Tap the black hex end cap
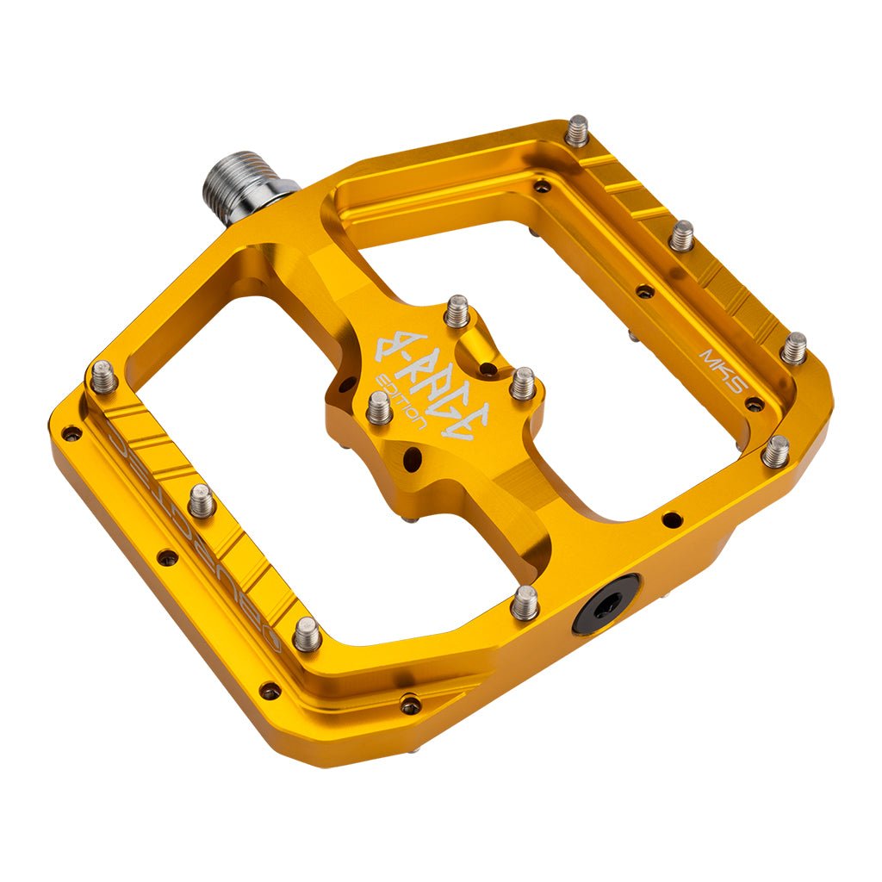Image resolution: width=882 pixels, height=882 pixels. [606, 604]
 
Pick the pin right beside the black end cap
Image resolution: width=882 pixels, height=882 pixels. [525, 602]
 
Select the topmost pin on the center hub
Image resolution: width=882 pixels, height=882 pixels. [457, 310]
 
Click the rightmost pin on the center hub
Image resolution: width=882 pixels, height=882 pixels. [522, 383]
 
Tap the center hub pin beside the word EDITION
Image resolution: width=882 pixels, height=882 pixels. [379, 407]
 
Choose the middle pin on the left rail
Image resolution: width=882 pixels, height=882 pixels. [202, 500]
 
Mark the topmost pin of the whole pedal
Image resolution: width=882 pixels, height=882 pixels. [576, 131]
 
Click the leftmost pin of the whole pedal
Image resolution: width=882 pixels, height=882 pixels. [103, 376]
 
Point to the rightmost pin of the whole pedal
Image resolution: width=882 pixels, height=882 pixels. [793, 348]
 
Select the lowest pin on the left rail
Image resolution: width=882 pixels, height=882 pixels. [307, 635]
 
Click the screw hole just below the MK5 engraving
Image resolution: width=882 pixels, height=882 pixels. [755, 404]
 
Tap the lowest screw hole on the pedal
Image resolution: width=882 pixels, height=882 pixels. [411, 705]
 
